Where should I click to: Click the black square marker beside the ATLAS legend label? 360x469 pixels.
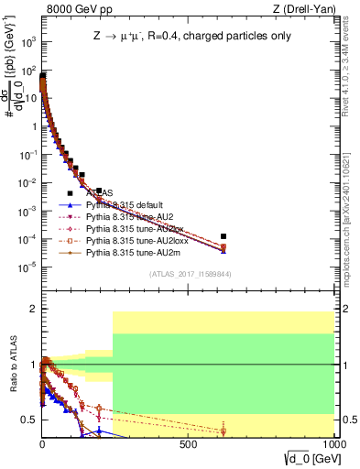(70, 193)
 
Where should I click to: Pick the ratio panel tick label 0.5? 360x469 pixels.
(28, 420)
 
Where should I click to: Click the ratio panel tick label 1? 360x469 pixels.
(33, 365)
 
